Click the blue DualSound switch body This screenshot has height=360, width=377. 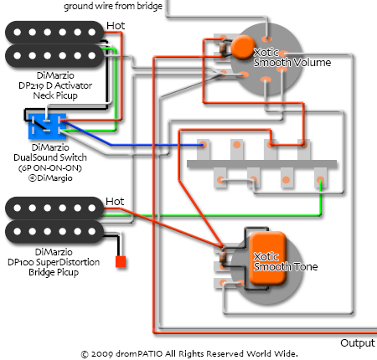pos(47,126)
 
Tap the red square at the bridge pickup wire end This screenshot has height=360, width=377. pos(121,262)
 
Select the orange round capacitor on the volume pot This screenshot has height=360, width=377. pos(243,47)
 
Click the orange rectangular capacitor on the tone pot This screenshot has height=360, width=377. pos(268,259)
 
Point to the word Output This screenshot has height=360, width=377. pos(358,343)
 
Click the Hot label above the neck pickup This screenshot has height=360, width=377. pos(116,26)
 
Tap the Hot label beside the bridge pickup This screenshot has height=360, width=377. pos(115,202)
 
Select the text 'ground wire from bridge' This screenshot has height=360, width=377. pos(113,6)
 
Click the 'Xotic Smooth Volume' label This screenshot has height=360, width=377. pos(292,58)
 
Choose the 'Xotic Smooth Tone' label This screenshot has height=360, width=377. pos(286,262)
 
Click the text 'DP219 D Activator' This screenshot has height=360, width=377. pos(55,85)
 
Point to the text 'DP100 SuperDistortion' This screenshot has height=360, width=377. pos(54,262)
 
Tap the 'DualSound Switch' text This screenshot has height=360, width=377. pos(50,157)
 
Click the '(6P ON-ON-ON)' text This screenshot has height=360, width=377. pos(50,168)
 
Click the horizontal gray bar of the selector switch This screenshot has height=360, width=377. pos(261,164)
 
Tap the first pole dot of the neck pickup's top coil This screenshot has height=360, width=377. pos(18,33)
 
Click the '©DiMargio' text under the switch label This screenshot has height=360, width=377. pos(50,178)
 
